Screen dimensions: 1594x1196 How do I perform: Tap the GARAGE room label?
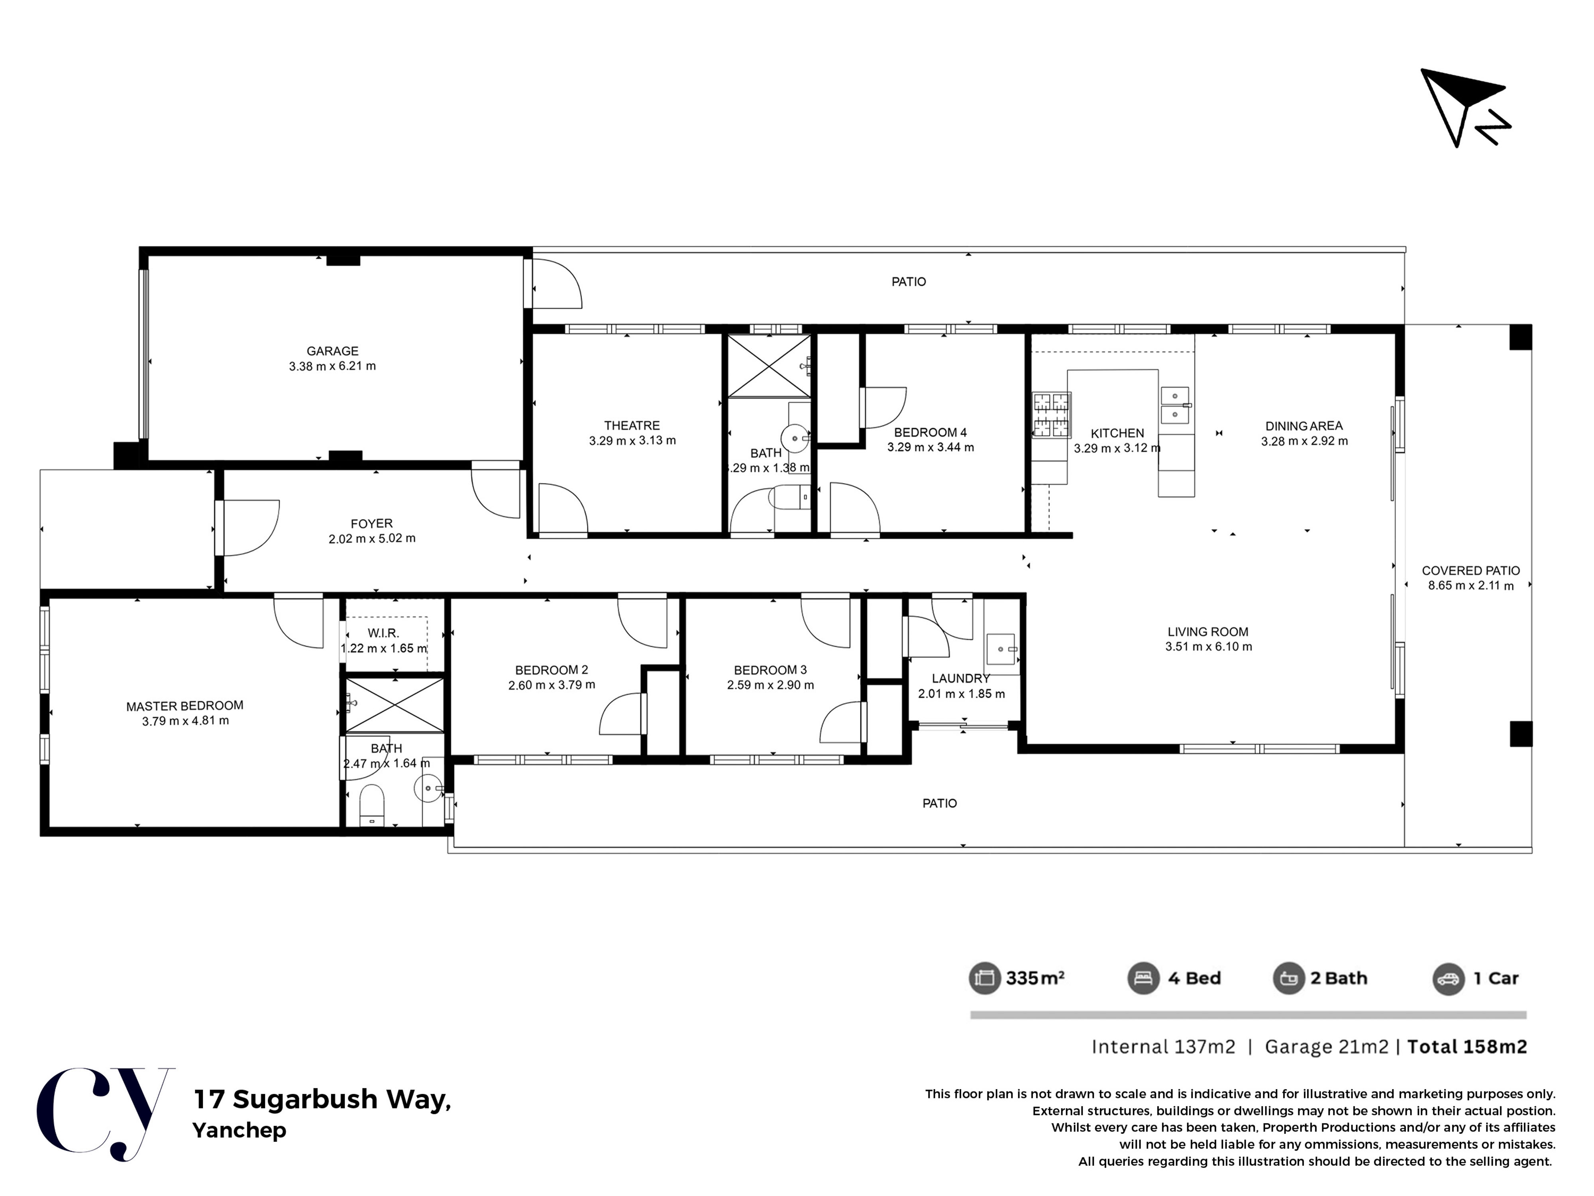pyautogui.click(x=332, y=351)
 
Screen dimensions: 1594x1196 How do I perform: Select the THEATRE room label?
pyautogui.click(x=632, y=425)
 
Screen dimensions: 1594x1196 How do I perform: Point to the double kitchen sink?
pyautogui.click(x=1175, y=405)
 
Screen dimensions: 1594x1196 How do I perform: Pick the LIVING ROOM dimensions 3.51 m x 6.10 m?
pyautogui.click(x=1209, y=647)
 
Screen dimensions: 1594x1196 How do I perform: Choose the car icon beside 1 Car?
pyautogui.click(x=1449, y=978)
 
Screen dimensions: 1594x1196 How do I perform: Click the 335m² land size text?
pyautogui.click(x=1036, y=978)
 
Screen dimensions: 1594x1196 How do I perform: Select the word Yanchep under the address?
pyautogui.click(x=239, y=1130)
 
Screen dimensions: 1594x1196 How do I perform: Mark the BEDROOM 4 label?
pyautogui.click(x=930, y=433)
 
